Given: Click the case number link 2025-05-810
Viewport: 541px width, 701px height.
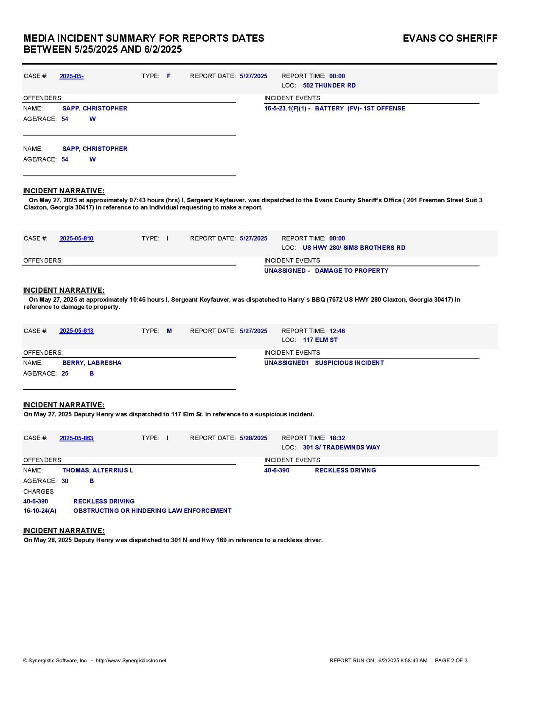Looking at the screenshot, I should coord(76,238).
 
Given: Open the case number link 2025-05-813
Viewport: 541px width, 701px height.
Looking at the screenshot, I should coord(76,331).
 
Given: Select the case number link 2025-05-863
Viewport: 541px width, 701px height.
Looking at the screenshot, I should coord(76,438).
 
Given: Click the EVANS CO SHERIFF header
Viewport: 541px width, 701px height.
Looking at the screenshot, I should coord(450,38).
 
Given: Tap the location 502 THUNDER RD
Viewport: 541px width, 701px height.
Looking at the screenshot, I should coord(329,85).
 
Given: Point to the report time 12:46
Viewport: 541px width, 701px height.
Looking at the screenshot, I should coord(337,331).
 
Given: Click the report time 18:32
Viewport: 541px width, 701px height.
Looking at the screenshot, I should coord(337,438).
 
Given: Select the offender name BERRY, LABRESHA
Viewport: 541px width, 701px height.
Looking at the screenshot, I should coord(92,363).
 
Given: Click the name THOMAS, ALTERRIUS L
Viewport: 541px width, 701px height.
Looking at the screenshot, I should coord(98,470).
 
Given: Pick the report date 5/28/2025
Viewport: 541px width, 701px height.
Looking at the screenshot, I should coord(253,438).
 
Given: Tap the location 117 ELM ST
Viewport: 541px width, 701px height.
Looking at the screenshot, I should coord(320,340).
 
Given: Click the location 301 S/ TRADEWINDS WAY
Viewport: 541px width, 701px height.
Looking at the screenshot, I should coord(342,447).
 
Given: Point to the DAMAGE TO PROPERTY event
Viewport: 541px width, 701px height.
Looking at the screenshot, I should coord(351,271).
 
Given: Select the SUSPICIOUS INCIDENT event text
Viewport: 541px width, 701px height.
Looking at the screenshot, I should coord(349,363).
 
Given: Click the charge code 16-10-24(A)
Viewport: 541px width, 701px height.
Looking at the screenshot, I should coord(40,511).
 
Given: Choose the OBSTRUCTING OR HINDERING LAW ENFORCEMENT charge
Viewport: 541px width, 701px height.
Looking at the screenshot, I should coord(152,511).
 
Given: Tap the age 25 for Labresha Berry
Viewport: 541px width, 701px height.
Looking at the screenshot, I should coord(65,373).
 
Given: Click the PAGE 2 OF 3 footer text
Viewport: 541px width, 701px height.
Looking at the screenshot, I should coord(451,661).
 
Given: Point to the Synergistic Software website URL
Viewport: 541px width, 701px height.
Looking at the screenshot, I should coord(131,661).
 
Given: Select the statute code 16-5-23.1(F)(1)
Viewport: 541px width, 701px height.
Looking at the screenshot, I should coord(287,108).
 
